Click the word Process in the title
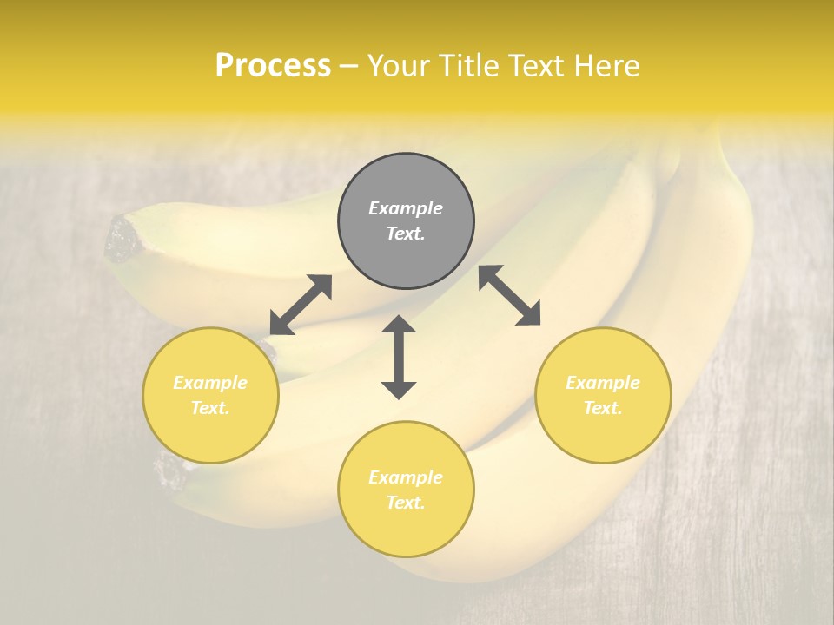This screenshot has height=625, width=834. (273, 66)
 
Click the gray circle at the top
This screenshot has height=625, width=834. (406, 221)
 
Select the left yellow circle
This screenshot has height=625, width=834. (210, 395)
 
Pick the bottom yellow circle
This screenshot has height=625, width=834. (406, 490)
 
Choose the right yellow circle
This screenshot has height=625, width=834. (603, 395)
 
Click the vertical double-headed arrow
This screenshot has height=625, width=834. (399, 357)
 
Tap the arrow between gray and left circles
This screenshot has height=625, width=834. (301, 305)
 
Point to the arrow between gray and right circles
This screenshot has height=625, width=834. (509, 295)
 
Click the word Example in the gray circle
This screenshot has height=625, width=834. (406, 208)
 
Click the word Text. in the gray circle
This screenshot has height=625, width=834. (406, 234)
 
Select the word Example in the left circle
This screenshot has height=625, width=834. (210, 383)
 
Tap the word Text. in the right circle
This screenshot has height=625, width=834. (603, 408)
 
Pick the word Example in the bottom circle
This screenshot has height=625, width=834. (406, 477)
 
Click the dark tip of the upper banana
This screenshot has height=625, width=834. (121, 240)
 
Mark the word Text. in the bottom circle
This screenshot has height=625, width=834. (406, 503)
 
